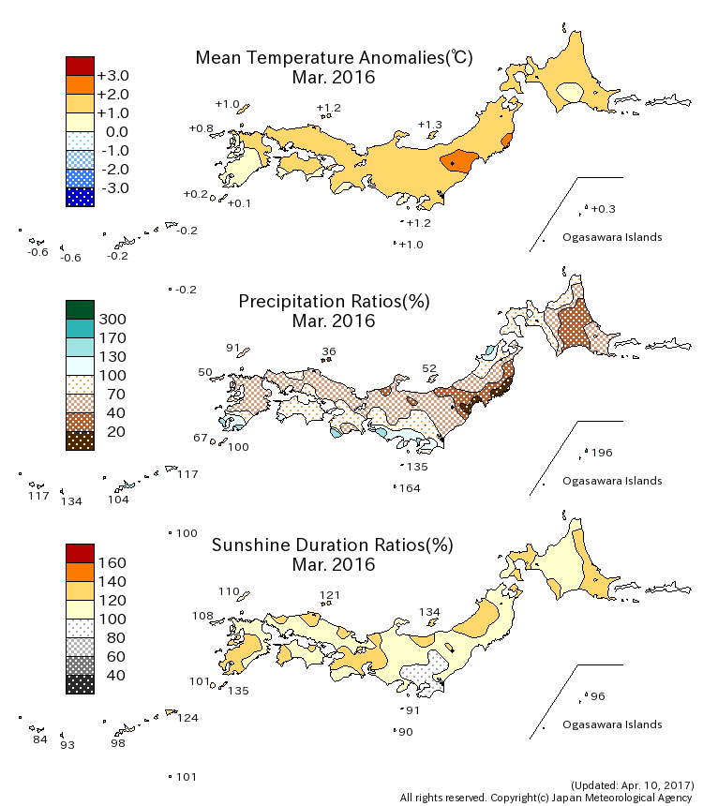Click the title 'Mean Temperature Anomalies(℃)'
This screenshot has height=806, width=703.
334,57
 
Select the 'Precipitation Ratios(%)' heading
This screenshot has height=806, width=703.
334,301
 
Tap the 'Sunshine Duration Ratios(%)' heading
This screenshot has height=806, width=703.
333,545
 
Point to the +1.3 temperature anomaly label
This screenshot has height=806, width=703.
429,125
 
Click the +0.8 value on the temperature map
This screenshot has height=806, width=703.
201,127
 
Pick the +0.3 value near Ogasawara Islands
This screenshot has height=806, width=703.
605,208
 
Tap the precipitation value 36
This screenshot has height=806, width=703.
328,352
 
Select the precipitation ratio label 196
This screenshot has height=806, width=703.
602,453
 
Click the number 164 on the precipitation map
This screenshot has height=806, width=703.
410,488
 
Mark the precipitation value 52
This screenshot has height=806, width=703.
430,368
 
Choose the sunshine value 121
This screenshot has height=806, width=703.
330,595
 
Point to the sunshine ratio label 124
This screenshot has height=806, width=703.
187,718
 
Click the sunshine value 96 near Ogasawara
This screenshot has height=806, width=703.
598,696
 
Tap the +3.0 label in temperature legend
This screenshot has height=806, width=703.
112,75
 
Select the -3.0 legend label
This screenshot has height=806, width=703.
112,187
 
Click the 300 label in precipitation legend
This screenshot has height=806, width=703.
112,319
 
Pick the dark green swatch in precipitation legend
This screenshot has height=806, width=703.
80,309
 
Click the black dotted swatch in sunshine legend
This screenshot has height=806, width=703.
80,684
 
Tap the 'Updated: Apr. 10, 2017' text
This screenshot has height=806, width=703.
632,784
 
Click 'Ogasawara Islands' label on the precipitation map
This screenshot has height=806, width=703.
612,481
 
